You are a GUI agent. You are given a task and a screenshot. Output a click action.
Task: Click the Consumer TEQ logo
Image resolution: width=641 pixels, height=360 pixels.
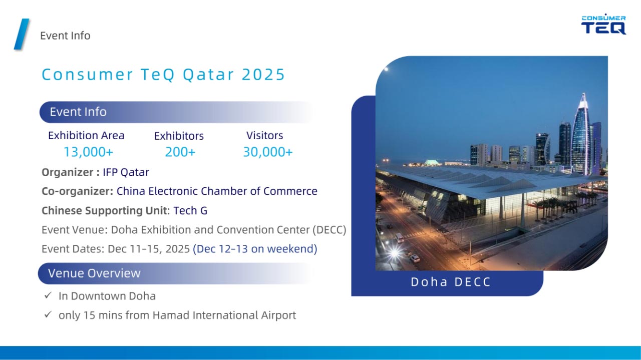tap(603, 24)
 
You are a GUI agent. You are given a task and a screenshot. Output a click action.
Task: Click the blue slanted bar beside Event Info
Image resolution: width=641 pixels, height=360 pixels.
tap(22, 34)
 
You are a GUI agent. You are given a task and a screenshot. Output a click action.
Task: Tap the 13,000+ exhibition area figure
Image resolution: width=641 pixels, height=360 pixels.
tap(89, 152)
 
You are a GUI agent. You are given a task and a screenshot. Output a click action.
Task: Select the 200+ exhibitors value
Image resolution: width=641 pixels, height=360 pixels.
tap(180, 152)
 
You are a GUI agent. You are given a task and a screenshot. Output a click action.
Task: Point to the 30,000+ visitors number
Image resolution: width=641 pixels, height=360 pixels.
tap(268, 152)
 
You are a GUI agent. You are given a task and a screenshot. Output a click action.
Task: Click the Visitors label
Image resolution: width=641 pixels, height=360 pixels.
tap(265, 135)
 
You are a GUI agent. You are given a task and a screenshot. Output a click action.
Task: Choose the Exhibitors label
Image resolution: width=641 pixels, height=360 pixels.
tap(179, 136)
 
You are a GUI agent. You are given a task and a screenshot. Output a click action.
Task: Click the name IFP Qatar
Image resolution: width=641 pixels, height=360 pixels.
tap(126, 172)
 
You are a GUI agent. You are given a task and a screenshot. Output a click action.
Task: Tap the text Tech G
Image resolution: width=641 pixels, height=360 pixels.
tap(190, 211)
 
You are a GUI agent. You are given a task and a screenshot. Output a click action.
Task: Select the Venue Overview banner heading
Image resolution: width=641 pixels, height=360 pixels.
tap(94, 273)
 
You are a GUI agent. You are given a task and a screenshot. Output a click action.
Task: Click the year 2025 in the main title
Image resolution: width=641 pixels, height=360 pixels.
tap(263, 75)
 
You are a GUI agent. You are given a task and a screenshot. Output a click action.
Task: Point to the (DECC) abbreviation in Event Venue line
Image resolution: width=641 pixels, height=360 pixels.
tap(330, 230)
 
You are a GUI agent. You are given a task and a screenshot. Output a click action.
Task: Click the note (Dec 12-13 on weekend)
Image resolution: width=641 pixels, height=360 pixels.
tap(255, 249)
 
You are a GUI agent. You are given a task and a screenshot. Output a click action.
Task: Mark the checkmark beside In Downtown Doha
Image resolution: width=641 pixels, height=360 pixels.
tap(48, 295)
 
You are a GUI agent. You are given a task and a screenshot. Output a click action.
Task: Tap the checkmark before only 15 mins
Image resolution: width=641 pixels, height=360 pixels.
tap(48, 314)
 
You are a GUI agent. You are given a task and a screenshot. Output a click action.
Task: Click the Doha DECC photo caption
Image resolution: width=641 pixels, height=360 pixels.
tap(451, 282)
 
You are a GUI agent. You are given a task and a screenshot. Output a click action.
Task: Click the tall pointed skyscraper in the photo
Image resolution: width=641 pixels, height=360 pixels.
tap(581, 135)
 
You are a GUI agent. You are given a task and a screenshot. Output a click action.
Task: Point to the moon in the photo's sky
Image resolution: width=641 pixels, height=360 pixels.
tap(386, 69)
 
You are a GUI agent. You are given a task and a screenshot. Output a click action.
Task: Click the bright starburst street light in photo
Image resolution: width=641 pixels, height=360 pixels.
tap(395, 253)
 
